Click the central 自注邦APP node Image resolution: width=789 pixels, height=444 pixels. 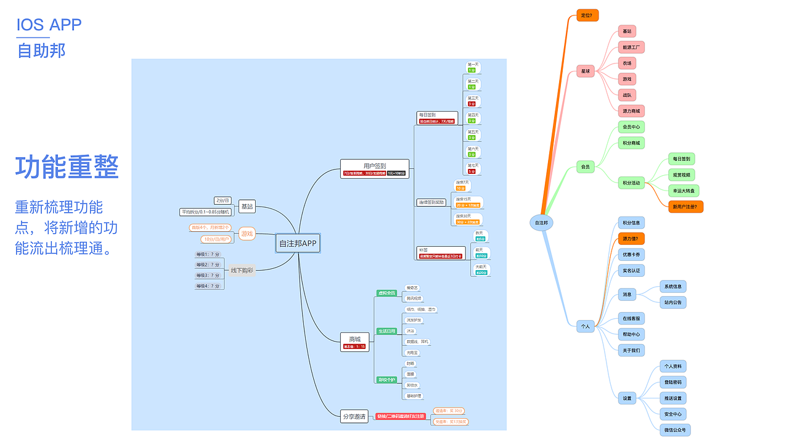298,244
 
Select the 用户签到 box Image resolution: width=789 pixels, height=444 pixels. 375,165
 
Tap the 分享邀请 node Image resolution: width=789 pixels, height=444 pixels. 354,416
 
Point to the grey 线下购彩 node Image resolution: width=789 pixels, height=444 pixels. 242,270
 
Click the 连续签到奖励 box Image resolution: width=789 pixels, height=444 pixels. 431,202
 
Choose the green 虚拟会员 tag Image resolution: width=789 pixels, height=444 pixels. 386,293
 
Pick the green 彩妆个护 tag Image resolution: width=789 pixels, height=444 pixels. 386,379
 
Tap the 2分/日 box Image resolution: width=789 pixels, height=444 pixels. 223,200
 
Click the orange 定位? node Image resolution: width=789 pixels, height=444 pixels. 588,15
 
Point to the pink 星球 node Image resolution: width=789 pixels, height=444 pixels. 586,72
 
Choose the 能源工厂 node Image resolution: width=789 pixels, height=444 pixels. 631,47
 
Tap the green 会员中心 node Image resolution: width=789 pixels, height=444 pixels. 631,127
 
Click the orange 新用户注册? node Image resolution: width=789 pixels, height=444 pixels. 686,207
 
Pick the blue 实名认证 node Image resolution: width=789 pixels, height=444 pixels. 631,270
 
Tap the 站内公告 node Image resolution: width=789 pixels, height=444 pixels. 672,302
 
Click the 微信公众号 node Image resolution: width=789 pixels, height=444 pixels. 674,430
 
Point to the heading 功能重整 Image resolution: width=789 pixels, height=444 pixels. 67,167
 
